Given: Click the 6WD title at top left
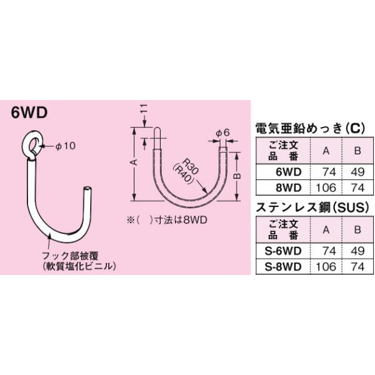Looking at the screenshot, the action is point(30,114).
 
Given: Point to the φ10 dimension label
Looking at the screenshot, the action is point(65,146).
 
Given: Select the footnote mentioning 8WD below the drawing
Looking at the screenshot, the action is point(159,219).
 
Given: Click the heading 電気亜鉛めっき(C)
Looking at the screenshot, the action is point(308,129).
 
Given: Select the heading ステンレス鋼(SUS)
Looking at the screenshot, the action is point(308,207).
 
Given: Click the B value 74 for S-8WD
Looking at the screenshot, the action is point(357,266).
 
